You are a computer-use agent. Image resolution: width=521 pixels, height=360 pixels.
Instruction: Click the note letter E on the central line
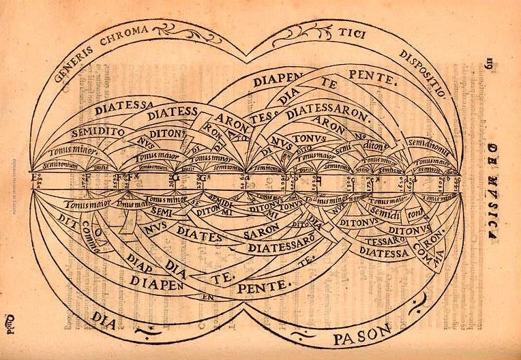pyautogui.click(x=35, y=179)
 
